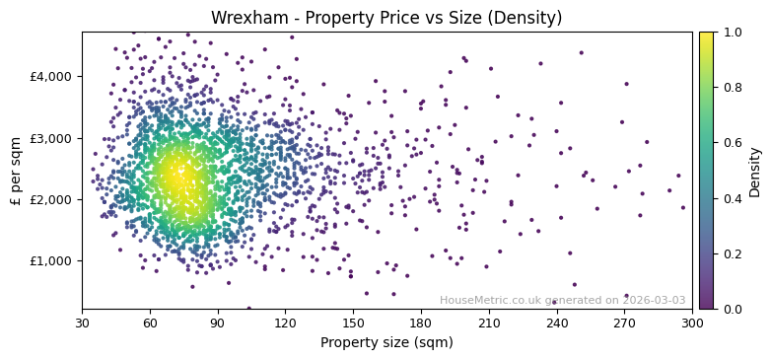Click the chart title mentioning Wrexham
tap(386, 18)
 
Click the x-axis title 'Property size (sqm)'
tap(386, 343)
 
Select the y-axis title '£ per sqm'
tap(17, 170)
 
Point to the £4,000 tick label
tap(51, 77)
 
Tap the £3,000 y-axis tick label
tap(51, 138)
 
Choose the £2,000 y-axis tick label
tap(51, 199)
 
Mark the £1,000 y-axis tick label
tap(51, 261)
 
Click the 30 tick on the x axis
tap(82, 324)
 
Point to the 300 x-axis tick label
tap(692, 324)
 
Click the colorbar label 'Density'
tap(755, 170)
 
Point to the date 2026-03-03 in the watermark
tap(654, 301)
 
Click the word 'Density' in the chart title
tap(528, 18)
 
